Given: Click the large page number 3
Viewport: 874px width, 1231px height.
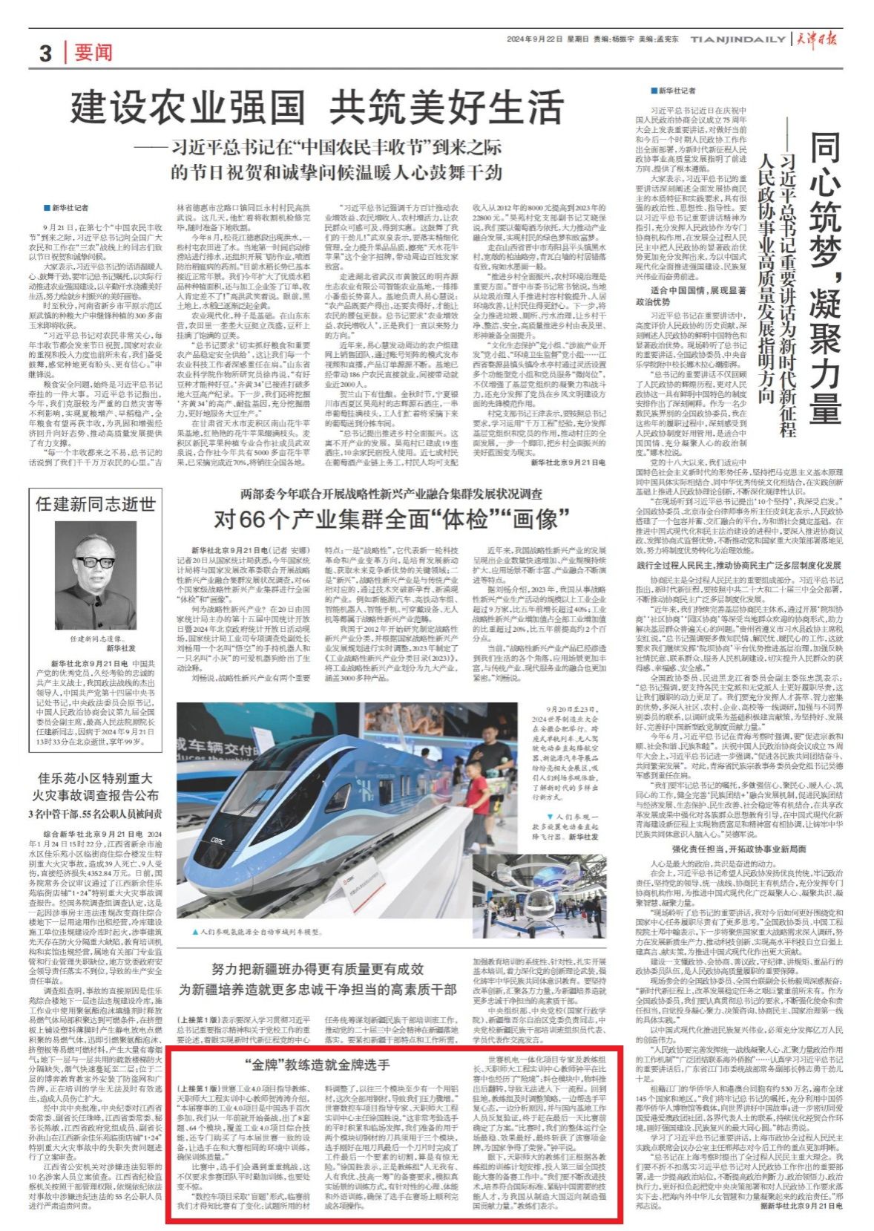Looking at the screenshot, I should click(x=46, y=53).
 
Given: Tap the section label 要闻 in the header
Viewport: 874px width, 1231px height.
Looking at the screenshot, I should click(x=93, y=53).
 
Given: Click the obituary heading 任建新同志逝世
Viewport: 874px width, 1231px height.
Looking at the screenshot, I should click(x=96, y=504).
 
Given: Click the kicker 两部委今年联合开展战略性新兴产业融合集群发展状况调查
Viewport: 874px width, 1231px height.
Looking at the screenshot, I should click(x=391, y=494).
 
